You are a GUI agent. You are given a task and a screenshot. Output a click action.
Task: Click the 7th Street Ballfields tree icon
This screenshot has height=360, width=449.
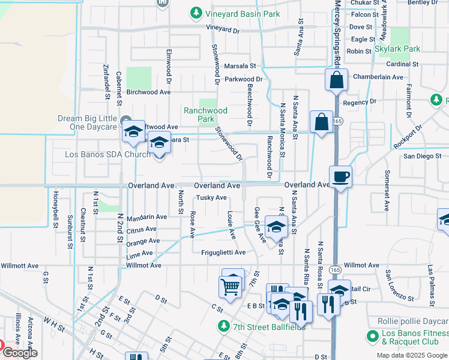tap(224, 326)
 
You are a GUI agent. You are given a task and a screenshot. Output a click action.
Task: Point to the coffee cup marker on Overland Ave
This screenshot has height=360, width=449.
tap(340, 177)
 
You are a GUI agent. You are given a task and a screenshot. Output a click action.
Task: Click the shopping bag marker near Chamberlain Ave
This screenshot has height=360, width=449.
tap(337, 79)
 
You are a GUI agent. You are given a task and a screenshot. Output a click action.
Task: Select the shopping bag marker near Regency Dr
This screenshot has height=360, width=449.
tap(322, 122)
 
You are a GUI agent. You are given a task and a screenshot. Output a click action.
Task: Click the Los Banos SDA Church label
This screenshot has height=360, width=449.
tap(107, 155)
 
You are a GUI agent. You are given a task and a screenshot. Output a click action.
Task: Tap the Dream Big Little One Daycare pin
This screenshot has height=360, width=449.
tap(125, 119)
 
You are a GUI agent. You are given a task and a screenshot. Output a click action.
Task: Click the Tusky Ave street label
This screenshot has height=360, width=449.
tap(211, 198)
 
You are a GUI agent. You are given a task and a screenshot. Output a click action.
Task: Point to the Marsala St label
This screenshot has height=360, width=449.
tap(240, 66)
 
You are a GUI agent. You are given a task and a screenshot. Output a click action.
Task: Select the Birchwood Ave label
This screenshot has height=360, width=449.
tap(148, 92)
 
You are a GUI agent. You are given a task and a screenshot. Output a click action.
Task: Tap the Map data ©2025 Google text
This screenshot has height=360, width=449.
tap(412, 355)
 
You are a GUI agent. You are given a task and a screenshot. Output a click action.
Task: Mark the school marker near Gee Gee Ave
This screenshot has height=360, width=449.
tap(277, 227)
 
